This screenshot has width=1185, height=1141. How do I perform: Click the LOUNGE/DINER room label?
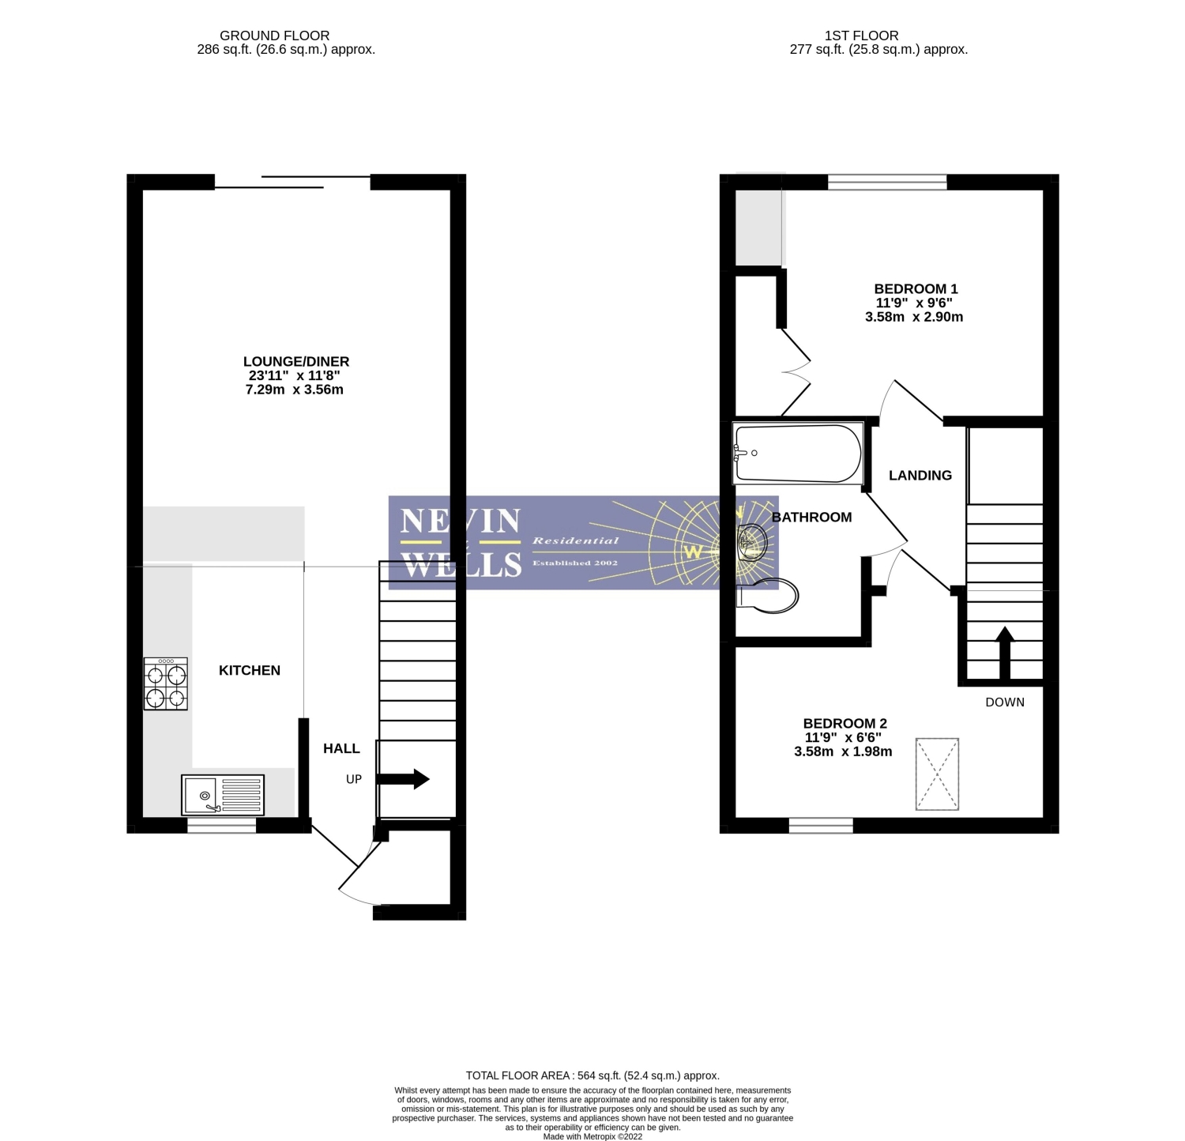pyautogui.click(x=296, y=362)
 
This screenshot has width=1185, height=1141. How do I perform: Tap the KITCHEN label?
pyautogui.click(x=250, y=670)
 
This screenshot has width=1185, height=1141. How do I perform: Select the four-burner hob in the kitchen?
pyautogui.click(x=166, y=683)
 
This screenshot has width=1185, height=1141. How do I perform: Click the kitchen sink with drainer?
pyautogui.click(x=223, y=795)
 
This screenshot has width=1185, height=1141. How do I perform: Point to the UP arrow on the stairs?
pyautogui.click(x=402, y=779)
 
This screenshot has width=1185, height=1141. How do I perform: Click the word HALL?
pyautogui.click(x=341, y=748)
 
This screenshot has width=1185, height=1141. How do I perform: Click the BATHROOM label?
pyautogui.click(x=811, y=518)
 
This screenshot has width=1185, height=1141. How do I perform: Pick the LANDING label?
pyautogui.click(x=920, y=476)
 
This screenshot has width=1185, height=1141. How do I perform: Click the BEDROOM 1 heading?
pyautogui.click(x=916, y=289)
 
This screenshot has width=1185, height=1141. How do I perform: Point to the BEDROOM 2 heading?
pyautogui.click(x=845, y=724)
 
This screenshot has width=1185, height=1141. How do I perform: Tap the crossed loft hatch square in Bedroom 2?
pyautogui.click(x=937, y=774)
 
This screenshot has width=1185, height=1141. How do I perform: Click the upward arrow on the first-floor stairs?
pyautogui.click(x=1004, y=653)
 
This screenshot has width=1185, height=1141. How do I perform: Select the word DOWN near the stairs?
pyautogui.click(x=1005, y=702)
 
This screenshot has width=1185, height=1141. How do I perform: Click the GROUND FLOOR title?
pyautogui.click(x=274, y=36)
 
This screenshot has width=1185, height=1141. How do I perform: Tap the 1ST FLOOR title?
pyautogui.click(x=861, y=36)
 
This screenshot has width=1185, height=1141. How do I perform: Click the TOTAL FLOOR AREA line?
pyautogui.click(x=592, y=1075)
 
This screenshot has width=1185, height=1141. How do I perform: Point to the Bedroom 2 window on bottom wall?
pyautogui.click(x=821, y=826)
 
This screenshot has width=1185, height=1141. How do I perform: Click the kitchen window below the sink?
pyautogui.click(x=222, y=826)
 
